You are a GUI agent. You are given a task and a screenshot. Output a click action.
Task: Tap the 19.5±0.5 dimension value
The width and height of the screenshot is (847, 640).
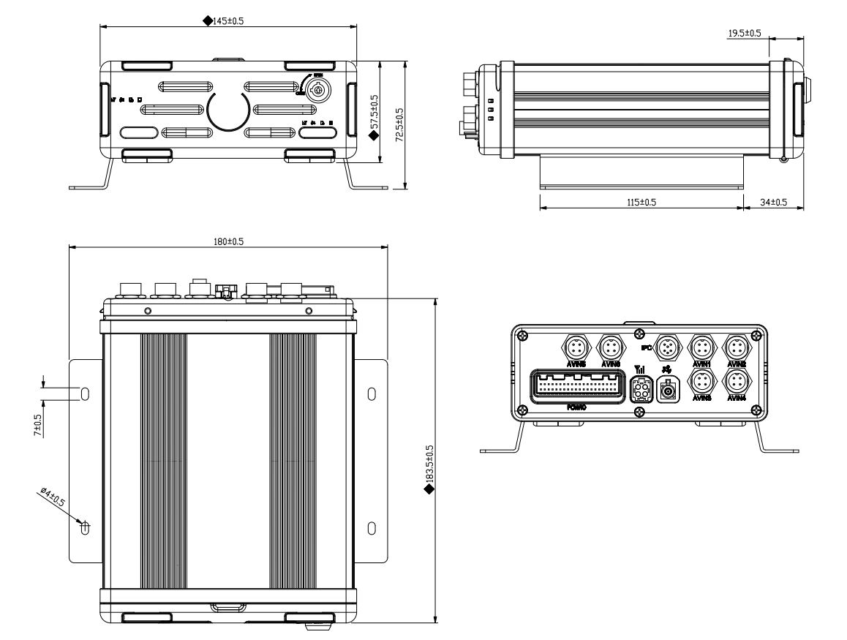(745, 34)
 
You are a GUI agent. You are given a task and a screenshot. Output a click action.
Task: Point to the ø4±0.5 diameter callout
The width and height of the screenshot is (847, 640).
(53, 500)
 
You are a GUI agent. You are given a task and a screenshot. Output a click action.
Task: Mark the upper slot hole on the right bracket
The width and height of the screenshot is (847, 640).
(371, 394)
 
